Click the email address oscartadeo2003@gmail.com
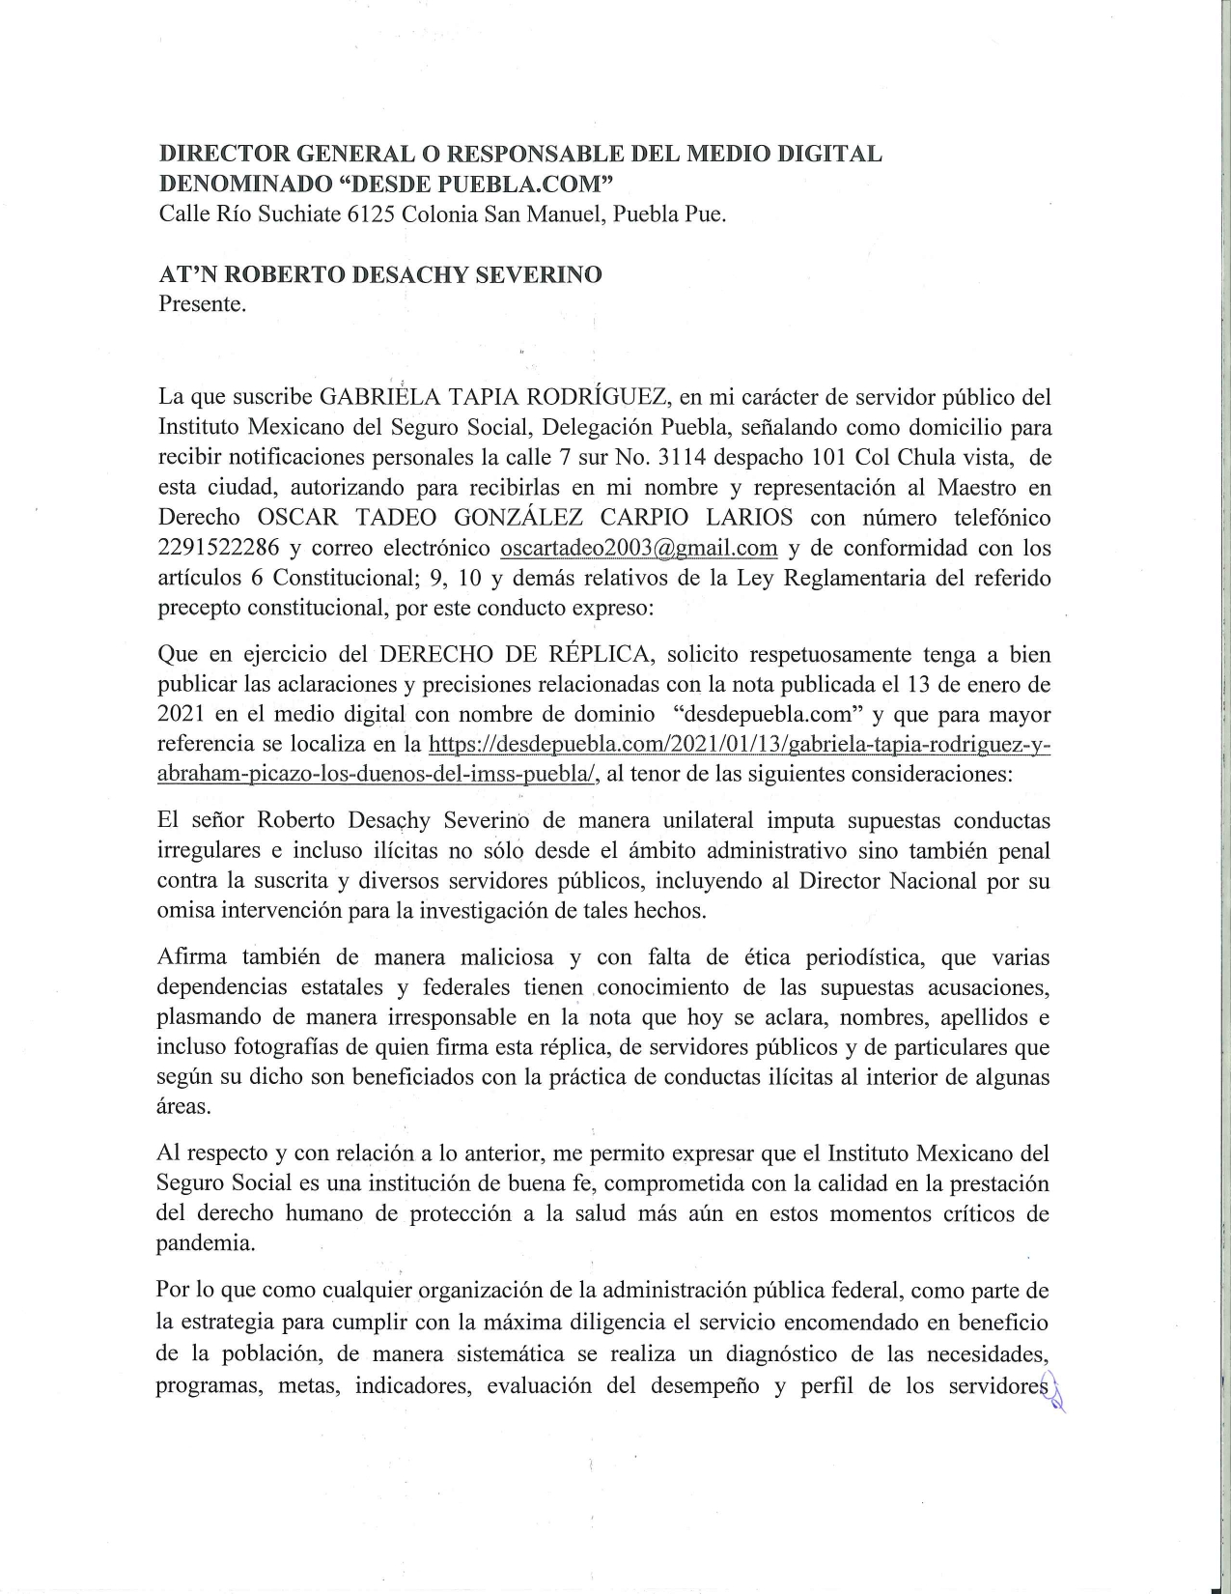point(638,549)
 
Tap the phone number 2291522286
point(218,549)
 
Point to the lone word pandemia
point(206,1243)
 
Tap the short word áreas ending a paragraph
point(183,1107)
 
